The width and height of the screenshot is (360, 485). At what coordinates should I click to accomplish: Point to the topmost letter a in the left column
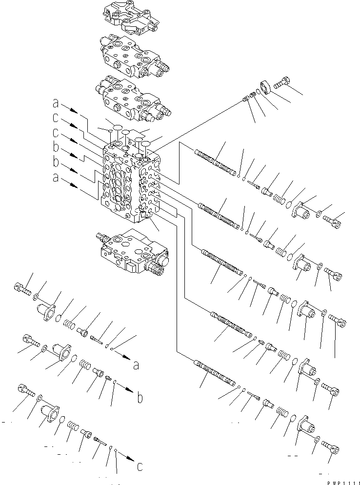(x=57, y=104)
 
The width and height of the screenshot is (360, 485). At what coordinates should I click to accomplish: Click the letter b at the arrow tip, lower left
(x=140, y=398)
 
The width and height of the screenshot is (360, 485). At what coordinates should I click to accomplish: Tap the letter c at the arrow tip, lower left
(x=140, y=466)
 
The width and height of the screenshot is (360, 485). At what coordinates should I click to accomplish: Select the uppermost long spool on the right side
(x=214, y=162)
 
